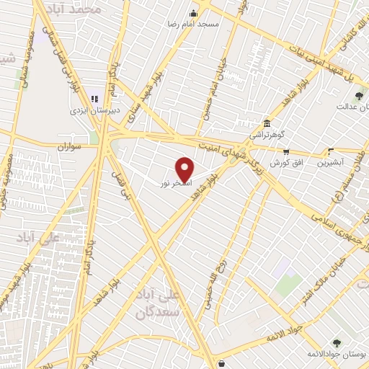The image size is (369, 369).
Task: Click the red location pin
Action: [x=185, y=169]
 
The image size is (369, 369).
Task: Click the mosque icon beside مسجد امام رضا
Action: [x=192, y=13]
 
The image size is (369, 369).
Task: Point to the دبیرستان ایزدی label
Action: [x=89, y=111]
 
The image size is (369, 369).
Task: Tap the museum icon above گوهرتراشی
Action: [x=267, y=123]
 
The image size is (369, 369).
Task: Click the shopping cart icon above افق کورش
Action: [x=286, y=152]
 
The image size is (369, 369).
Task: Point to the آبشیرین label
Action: [x=332, y=164]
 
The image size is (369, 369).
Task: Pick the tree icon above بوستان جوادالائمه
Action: [x=337, y=342]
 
